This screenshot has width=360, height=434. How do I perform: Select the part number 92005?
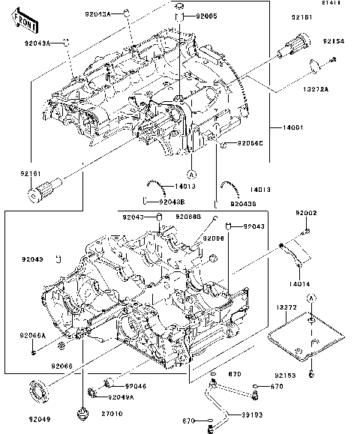tap(206, 16)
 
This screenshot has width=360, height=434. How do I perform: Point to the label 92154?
tap(334, 41)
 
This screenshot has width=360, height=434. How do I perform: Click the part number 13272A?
tap(337, 88)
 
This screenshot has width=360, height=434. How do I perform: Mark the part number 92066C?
tap(251, 142)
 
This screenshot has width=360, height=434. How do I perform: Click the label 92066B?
tap(188, 217)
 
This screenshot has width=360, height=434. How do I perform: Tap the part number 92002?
tap(306, 213)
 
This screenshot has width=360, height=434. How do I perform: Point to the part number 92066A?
tap(32, 335)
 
